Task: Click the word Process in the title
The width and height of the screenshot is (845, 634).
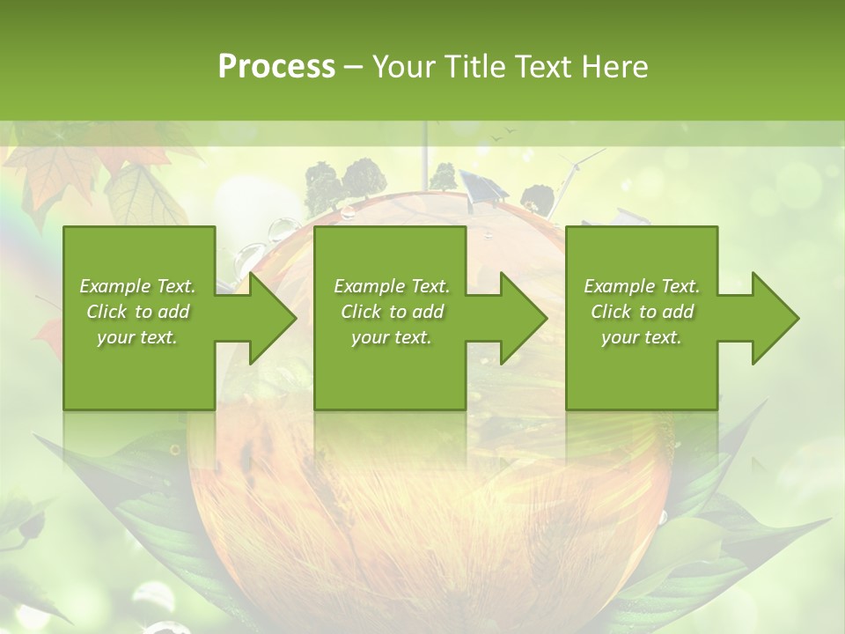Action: pos(276,67)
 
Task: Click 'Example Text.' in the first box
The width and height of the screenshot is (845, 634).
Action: pos(137,286)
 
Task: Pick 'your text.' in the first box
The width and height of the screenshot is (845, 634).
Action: pos(137,337)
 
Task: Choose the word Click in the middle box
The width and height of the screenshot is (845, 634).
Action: pos(360,312)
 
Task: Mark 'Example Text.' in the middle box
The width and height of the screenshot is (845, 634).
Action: pos(391,286)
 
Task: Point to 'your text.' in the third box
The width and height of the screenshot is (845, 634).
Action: pos(641,337)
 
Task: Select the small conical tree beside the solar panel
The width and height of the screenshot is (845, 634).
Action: pos(444,176)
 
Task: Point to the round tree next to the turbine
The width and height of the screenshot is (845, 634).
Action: pos(536,197)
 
